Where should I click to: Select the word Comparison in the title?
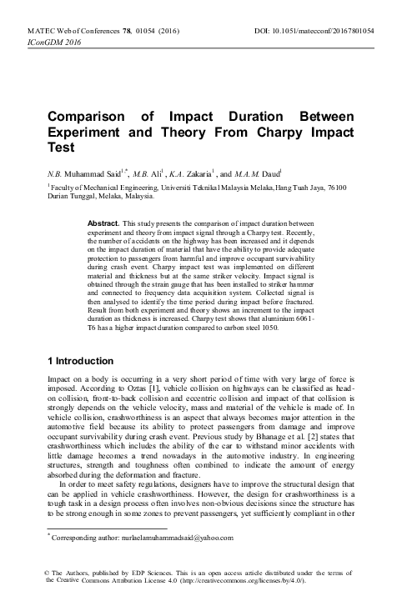click(x=84, y=117)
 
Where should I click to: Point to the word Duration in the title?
click(x=266, y=117)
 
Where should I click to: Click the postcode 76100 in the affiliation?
click(x=349, y=188)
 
